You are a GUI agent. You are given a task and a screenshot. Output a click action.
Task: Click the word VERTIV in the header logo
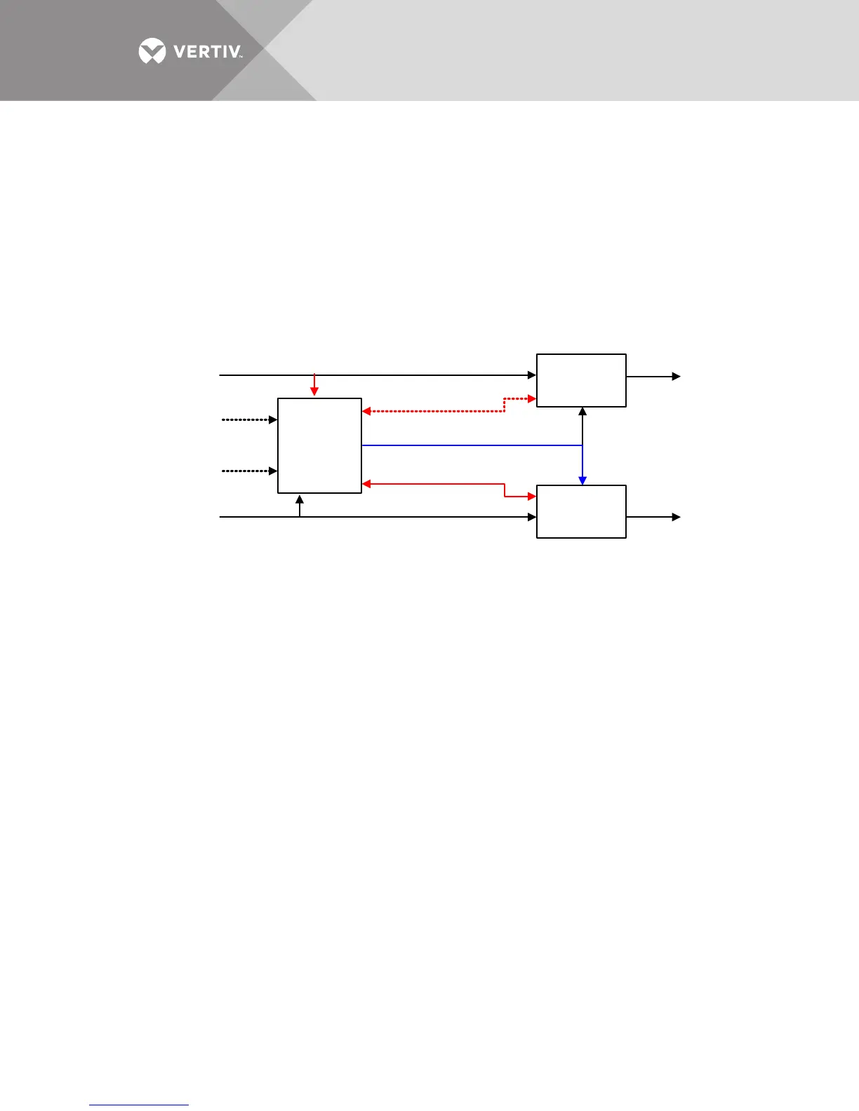208,52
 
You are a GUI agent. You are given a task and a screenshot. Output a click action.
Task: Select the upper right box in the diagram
581,380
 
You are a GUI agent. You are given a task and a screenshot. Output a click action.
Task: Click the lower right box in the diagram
581,511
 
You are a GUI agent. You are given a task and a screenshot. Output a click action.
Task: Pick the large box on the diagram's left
319,445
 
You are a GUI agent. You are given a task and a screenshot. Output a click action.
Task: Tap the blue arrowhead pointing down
582,480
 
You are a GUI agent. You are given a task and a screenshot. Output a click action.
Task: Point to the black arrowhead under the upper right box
582,411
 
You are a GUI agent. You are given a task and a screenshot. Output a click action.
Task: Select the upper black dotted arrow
249,419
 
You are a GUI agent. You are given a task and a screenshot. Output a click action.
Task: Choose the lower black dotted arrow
249,471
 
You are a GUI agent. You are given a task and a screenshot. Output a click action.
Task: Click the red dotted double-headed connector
435,411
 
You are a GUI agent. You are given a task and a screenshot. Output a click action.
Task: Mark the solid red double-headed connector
435,484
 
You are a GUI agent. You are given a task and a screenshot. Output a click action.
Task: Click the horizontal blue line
470,445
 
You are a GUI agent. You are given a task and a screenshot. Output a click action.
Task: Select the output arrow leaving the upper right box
653,377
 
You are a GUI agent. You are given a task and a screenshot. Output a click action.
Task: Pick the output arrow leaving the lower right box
653,517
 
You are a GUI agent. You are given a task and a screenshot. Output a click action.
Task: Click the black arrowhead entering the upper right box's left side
532,375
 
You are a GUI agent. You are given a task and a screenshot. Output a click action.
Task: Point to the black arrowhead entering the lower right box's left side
532,517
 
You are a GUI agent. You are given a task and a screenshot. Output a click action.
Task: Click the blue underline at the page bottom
139,1105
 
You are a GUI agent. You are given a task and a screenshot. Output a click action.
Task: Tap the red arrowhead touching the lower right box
531,497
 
